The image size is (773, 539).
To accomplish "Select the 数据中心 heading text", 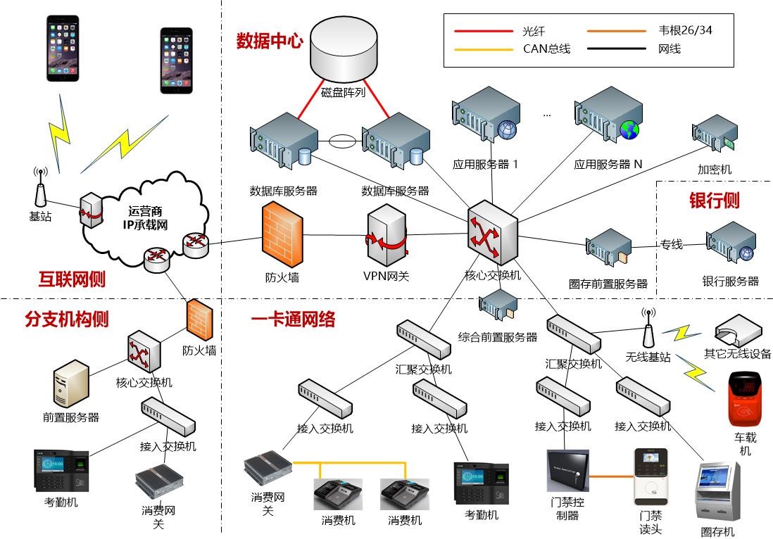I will [x=270, y=41].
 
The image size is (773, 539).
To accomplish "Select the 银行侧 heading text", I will [x=713, y=201].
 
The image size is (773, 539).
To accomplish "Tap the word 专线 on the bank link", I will [x=671, y=245].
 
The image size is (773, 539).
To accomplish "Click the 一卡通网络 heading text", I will [x=293, y=319].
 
